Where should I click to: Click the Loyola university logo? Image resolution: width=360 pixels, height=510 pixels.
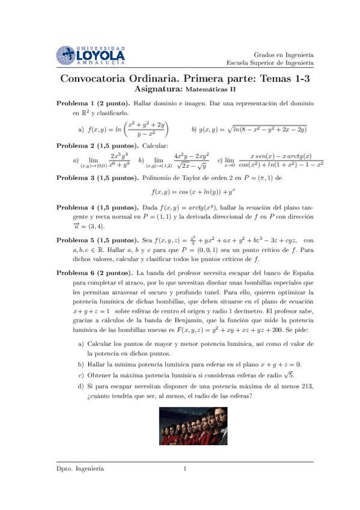point(91,55)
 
